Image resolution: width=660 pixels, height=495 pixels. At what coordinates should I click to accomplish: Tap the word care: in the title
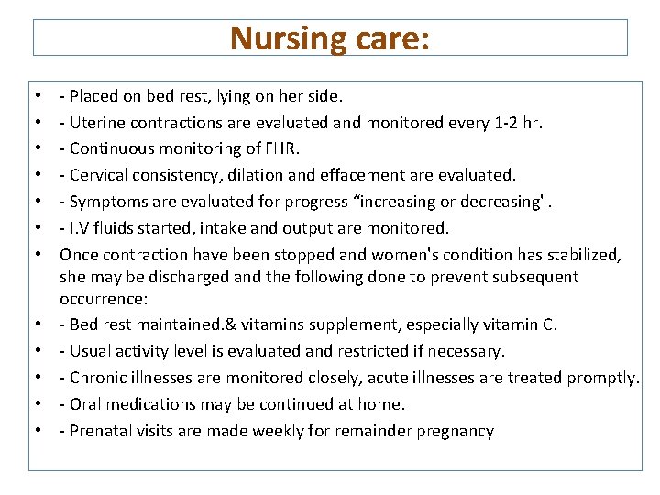tap(391, 38)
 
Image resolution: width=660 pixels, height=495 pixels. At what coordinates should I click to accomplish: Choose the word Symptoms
tap(104, 202)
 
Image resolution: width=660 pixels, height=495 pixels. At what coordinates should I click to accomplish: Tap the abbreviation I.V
tap(82, 228)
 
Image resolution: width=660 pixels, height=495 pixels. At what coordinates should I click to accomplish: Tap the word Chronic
tap(97, 378)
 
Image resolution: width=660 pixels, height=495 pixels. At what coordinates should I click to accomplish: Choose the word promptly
tap(602, 378)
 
